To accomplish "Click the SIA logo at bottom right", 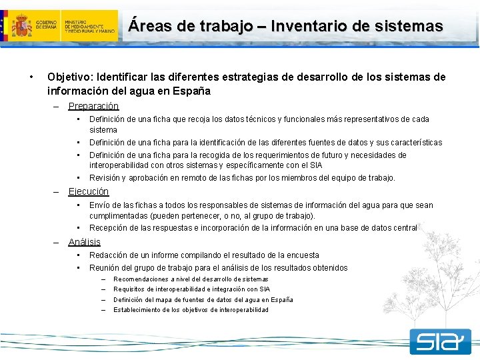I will (x=440, y=342).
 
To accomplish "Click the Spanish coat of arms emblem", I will (x=22, y=26).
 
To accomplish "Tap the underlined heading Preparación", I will (x=93, y=106).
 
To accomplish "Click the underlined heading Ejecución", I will (x=88, y=191).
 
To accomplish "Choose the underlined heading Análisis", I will (x=84, y=242).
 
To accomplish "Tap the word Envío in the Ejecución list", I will (x=100, y=205).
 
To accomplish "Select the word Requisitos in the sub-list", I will (x=129, y=289).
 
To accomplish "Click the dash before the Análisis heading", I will (x=57, y=242).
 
